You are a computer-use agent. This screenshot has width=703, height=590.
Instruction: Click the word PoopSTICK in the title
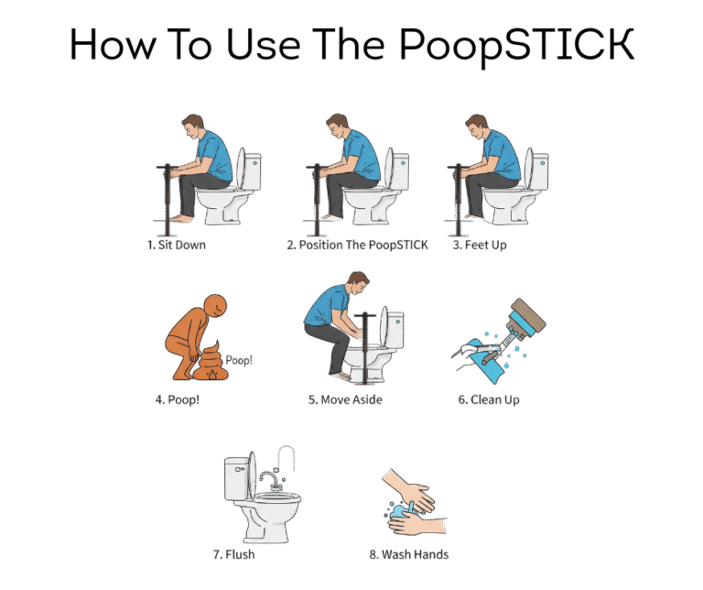[x=516, y=46]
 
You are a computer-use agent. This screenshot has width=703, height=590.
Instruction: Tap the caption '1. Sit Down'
[x=177, y=245]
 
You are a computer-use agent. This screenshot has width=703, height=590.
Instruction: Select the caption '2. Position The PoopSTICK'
[x=357, y=245]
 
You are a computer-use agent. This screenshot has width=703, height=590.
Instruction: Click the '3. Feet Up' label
[x=480, y=245]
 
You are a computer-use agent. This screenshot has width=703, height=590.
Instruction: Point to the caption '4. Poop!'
[x=177, y=399]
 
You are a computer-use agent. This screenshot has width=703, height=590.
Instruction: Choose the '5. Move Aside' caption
[x=345, y=399]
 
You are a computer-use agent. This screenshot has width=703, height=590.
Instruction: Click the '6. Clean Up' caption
[x=489, y=399]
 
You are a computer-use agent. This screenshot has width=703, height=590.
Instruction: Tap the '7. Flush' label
[x=233, y=554]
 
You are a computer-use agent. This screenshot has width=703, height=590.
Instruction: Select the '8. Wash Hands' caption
[x=409, y=554]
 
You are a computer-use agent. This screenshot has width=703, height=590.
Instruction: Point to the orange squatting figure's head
[x=215, y=306]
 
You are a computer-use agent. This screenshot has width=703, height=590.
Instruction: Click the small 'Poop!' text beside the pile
[x=239, y=360]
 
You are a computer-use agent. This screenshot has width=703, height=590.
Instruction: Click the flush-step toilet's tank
[x=236, y=479]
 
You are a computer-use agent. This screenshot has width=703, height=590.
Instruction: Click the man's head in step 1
[x=193, y=126]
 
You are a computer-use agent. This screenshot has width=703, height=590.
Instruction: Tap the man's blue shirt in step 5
[x=326, y=305]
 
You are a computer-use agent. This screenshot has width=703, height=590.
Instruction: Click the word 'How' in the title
[x=114, y=44]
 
